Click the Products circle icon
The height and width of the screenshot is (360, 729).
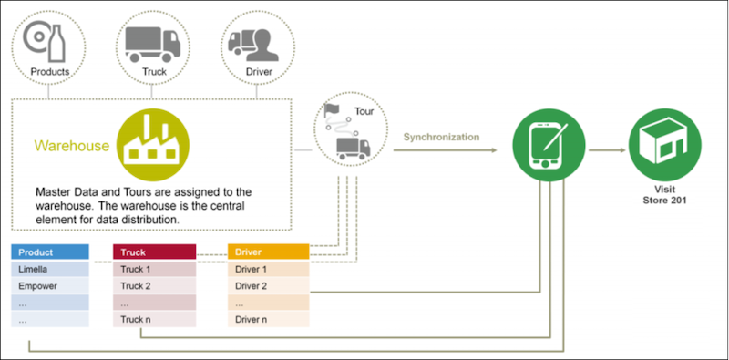[x=50, y=46]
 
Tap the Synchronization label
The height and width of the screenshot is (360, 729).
[x=442, y=137]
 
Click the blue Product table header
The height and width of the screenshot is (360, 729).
[x=50, y=252]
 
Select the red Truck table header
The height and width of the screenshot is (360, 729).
[x=154, y=252]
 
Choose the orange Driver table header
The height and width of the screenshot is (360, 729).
[x=269, y=252]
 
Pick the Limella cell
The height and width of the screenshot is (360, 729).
[x=50, y=270]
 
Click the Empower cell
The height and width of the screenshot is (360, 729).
[x=50, y=286]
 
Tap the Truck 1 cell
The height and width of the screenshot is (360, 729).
[x=154, y=270]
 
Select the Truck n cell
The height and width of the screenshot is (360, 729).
[x=154, y=319]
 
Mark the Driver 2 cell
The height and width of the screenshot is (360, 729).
[x=269, y=286]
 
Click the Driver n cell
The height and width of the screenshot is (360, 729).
[x=269, y=319]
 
